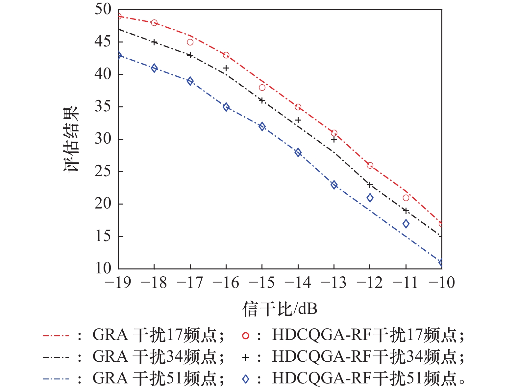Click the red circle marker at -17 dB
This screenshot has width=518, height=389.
(190, 42)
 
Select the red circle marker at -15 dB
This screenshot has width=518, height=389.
(262, 88)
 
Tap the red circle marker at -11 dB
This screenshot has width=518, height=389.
(406, 198)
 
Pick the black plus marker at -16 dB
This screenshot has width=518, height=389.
(226, 68)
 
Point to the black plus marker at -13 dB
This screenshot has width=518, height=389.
(334, 140)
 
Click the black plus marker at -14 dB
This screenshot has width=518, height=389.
(298, 120)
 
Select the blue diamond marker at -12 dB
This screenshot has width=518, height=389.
(370, 198)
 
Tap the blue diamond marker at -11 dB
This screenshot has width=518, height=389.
(406, 224)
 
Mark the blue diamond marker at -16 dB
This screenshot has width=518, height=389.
(226, 107)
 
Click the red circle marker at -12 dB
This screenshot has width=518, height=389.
(370, 165)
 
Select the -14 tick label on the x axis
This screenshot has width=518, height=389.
(298, 283)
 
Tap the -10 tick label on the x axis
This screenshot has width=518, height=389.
(441, 283)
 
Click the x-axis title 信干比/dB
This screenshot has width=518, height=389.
(280, 309)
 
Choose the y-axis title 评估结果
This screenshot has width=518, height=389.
(71, 139)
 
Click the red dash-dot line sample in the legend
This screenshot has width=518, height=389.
(56, 336)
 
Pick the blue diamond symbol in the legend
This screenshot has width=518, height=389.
(245, 379)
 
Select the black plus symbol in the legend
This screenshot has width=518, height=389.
(245, 357)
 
